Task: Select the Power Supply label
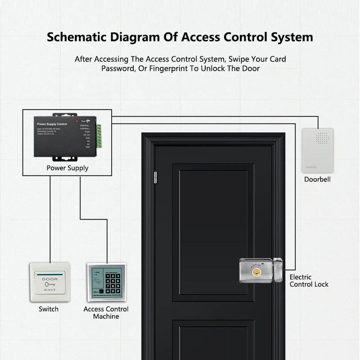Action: coord(67,168)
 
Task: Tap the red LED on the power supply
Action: coord(77,121)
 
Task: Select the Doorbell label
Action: coord(317,179)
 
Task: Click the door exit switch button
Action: coord(49,282)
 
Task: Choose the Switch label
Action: coord(49,309)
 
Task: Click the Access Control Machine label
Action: coord(106,313)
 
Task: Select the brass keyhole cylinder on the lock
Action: coord(258,271)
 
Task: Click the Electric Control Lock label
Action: coord(309,281)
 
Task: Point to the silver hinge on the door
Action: coord(156,177)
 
